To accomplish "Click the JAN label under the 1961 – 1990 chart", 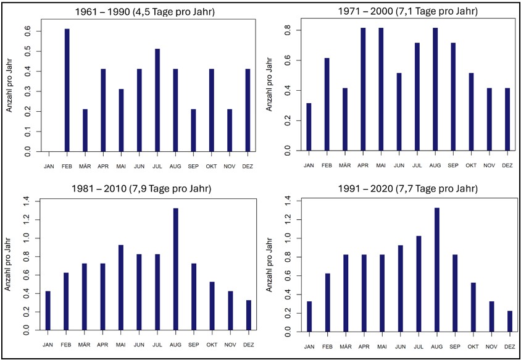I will tap(49, 166).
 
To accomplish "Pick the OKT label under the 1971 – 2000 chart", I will tap(471, 166).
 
